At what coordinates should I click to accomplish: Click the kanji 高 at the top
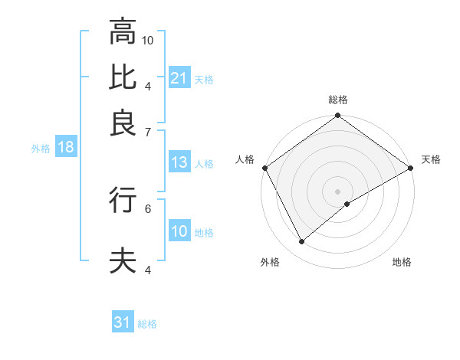123,32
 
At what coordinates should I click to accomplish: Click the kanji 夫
123,260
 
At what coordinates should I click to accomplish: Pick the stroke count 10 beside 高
148,40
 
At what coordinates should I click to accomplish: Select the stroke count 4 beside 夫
148,270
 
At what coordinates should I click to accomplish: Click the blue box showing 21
179,78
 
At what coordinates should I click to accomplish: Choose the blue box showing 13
179,162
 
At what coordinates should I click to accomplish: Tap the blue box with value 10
179,231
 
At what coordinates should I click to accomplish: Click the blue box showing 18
65,148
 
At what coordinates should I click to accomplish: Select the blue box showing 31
123,322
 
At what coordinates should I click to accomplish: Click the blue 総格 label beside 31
147,324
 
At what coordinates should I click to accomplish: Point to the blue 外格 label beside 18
40,149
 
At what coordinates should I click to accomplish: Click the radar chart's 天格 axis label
431,159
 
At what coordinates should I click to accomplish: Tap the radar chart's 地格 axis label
402,263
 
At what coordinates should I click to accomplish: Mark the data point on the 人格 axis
264,168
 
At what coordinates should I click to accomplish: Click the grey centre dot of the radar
337,191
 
